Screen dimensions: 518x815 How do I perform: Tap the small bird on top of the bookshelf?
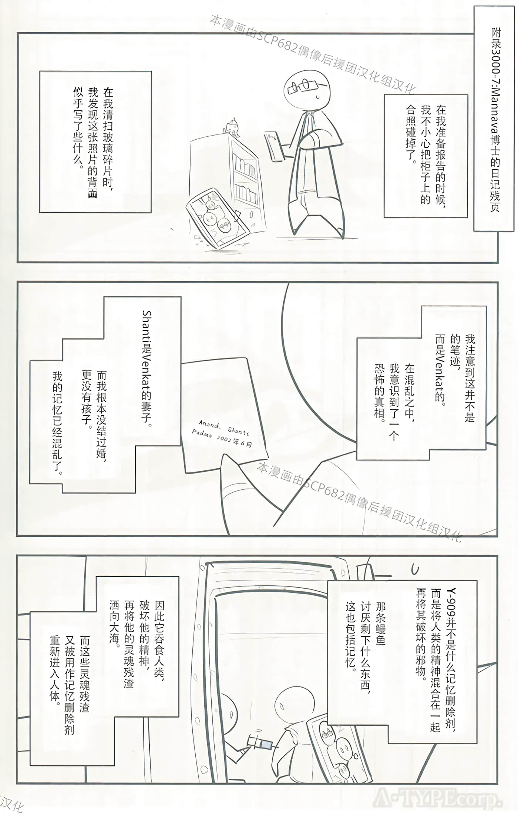tap(233, 126)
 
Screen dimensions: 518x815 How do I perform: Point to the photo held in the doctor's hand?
tap(274, 146)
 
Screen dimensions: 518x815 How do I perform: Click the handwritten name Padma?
tap(202, 433)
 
